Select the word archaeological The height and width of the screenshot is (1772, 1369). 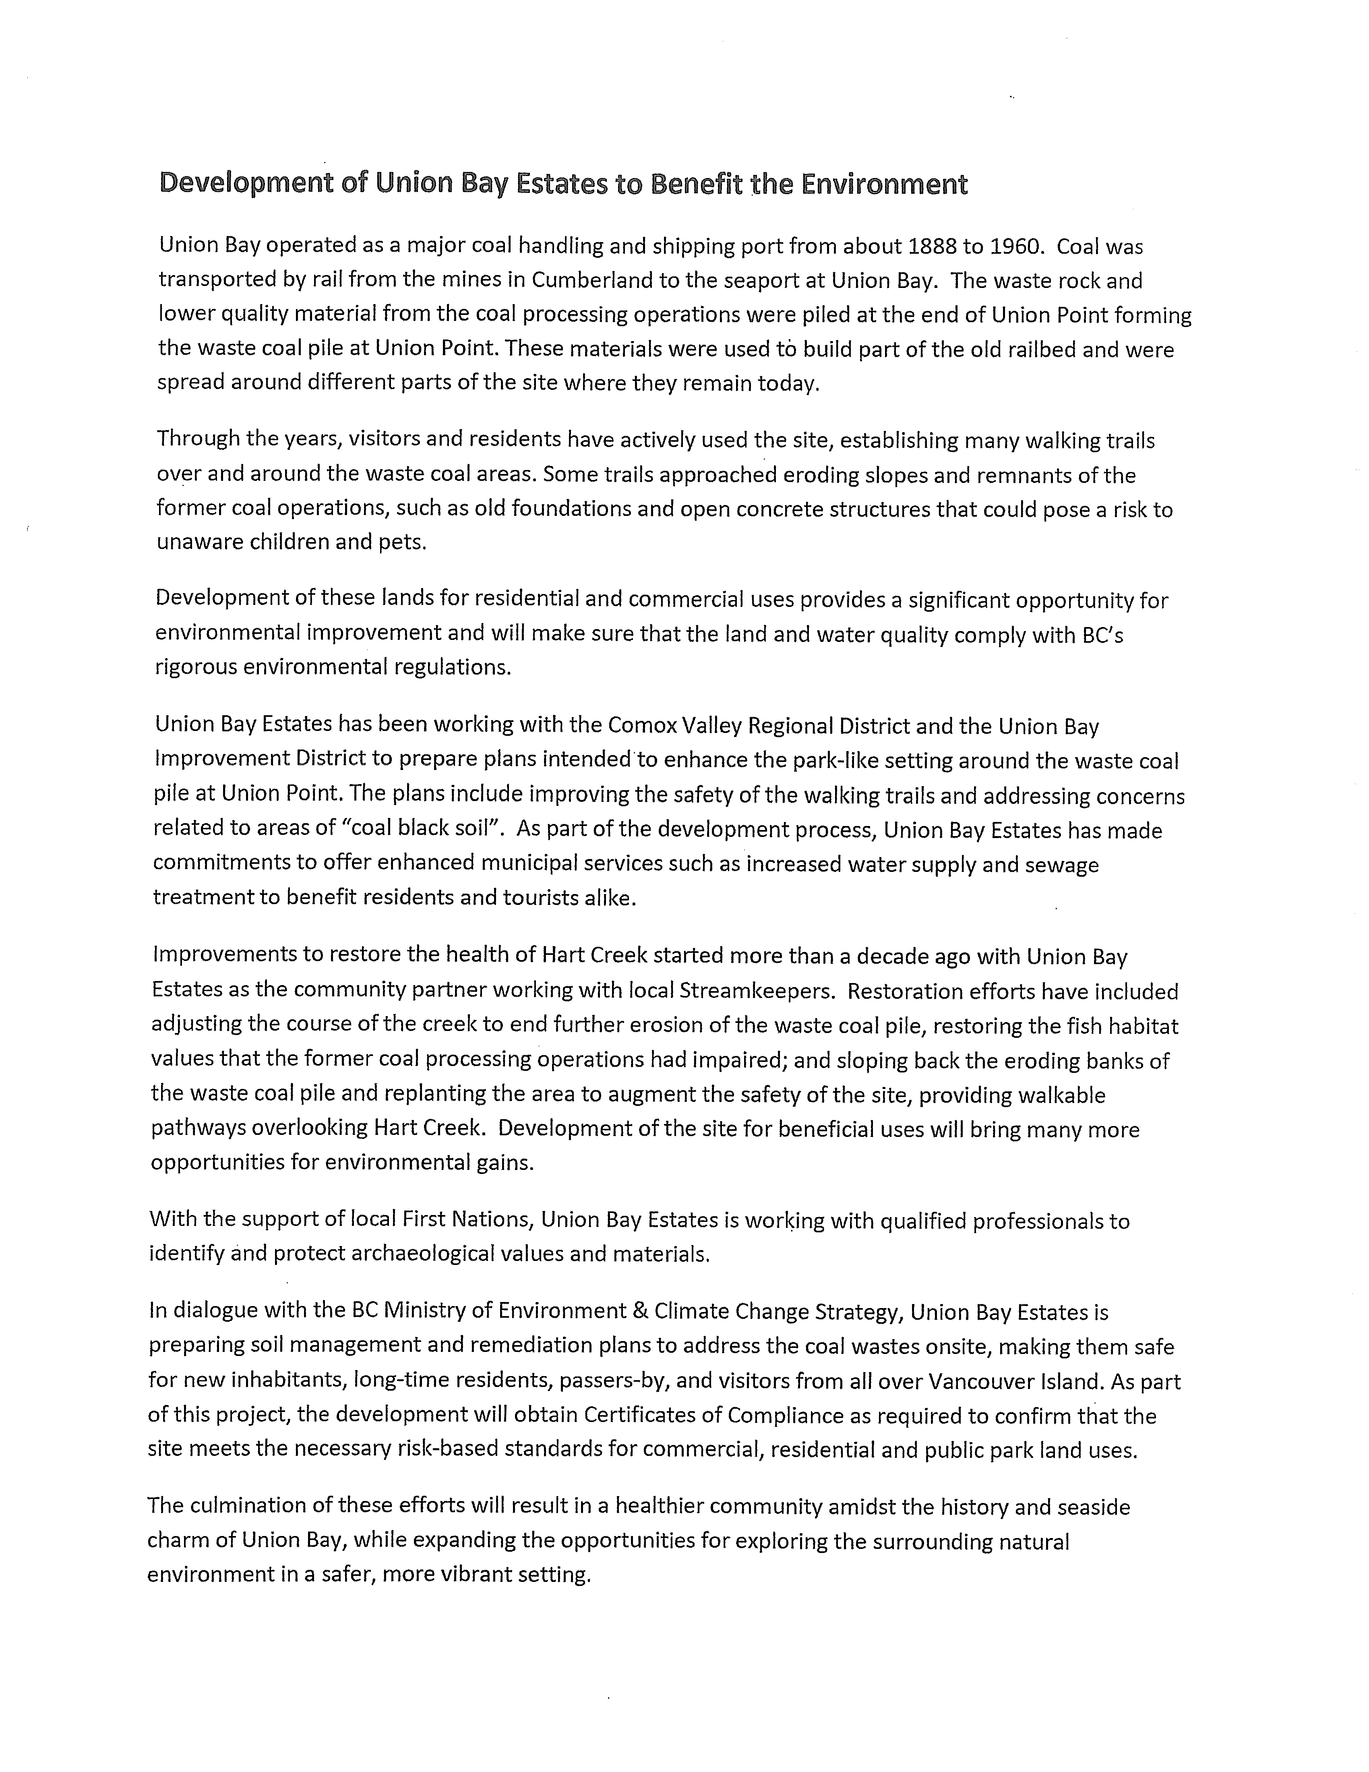(434, 1254)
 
